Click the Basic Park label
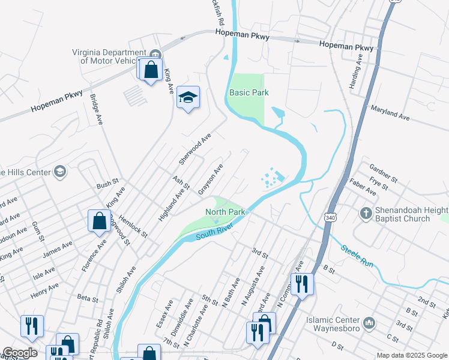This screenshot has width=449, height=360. click(x=249, y=92)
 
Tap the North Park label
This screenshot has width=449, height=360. click(x=225, y=212)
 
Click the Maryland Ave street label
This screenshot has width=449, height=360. click(x=390, y=114)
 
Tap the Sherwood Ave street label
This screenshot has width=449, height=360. click(x=195, y=149)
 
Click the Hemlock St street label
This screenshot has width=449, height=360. click(x=133, y=227)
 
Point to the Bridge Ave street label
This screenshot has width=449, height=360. click(x=96, y=109)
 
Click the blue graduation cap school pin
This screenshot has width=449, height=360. click(x=188, y=98)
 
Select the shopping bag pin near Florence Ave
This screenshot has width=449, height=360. click(x=98, y=221)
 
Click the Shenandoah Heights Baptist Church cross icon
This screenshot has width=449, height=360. click(x=366, y=213)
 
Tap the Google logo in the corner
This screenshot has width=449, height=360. click(x=20, y=353)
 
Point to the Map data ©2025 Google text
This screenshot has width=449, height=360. click(x=412, y=355)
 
